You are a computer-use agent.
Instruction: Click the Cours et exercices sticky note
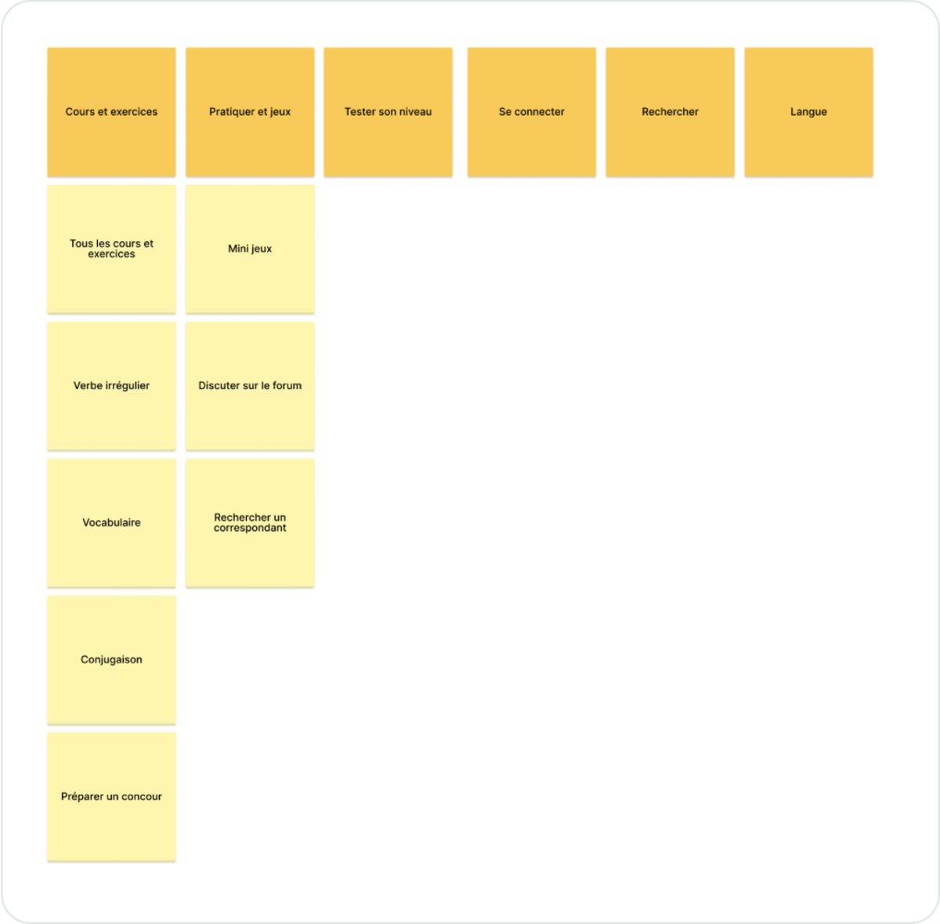(x=111, y=112)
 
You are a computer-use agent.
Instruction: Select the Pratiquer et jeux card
(x=250, y=112)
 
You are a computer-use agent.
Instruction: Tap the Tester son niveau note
(x=388, y=112)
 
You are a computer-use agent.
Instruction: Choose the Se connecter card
(x=531, y=112)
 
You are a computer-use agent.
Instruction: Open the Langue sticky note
(x=808, y=112)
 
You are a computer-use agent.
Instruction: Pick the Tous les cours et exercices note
(x=111, y=249)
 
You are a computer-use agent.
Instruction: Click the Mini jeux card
(x=250, y=249)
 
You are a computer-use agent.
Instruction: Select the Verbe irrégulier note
(x=111, y=386)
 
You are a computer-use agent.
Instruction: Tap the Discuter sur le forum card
(x=250, y=386)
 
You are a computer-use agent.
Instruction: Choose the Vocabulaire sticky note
(x=111, y=523)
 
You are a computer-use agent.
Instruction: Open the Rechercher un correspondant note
(x=250, y=523)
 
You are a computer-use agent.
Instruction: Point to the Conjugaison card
(x=111, y=660)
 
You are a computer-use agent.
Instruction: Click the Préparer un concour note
(x=111, y=797)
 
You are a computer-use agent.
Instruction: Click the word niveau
(x=414, y=112)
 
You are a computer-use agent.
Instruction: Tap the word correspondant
(x=250, y=529)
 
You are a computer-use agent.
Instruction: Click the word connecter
(x=539, y=112)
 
